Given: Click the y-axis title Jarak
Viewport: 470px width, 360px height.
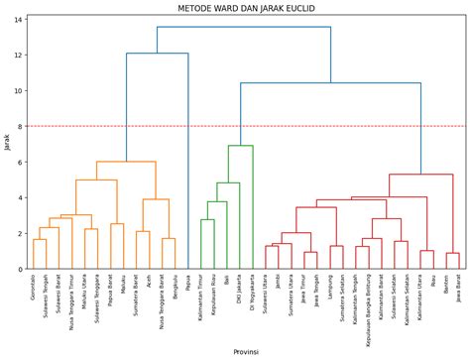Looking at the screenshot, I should [x=7, y=142].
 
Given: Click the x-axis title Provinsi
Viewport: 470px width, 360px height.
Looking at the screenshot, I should [x=246, y=352].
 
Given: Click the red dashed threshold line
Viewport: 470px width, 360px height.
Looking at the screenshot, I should [x=297, y=126].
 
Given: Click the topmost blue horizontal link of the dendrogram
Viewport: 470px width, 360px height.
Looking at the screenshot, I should [x=243, y=27].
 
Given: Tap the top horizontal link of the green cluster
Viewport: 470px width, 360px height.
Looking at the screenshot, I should [x=240, y=146].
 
